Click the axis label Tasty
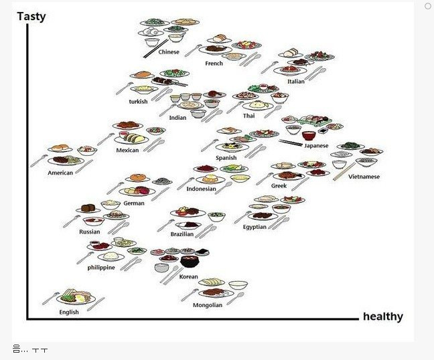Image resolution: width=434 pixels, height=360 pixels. point(31,16)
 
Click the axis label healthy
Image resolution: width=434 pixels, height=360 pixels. point(382,317)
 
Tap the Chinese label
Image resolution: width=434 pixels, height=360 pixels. point(169,52)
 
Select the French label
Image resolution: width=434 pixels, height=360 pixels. point(214,64)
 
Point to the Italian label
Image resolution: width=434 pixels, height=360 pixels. point(296,82)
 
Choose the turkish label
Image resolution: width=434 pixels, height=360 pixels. point(138,102)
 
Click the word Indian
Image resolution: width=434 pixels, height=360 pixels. point(177,118)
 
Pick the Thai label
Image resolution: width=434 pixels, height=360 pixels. point(248,116)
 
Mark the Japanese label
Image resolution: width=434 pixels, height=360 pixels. point(316,145)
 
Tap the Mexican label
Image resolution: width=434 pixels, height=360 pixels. point(127,150)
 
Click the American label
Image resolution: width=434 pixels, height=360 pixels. point(60,173)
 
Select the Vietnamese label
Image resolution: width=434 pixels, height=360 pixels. point(364,177)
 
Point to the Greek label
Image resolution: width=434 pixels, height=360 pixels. point(279,185)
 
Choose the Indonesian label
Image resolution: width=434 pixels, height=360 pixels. point(201,189)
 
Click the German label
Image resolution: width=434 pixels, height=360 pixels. point(133,203)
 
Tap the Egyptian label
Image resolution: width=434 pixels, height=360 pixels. point(255,227)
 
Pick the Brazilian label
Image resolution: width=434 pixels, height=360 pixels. point(182,234)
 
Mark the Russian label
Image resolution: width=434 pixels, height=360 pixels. point(89,232)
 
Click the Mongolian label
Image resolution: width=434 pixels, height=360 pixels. point(207,305)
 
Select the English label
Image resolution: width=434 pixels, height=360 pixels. point(69,312)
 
